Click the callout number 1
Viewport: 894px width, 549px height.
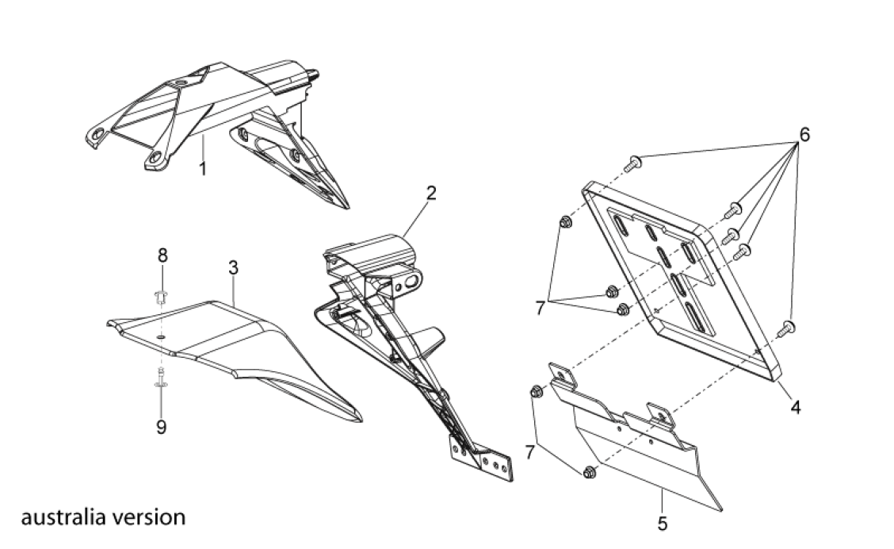pyautogui.click(x=203, y=169)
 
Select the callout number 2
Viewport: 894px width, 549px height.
pyautogui.click(x=430, y=193)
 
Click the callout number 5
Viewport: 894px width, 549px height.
pyautogui.click(x=663, y=523)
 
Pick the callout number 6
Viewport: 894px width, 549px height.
pyautogui.click(x=804, y=135)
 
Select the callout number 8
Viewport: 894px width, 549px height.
pyautogui.click(x=162, y=255)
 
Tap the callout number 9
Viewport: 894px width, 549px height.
pyautogui.click(x=161, y=427)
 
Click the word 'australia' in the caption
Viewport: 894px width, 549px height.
pyautogui.click(x=59, y=518)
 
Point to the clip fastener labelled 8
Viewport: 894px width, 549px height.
pyautogui.click(x=162, y=298)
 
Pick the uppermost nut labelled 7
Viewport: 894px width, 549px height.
pyautogui.click(x=564, y=223)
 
